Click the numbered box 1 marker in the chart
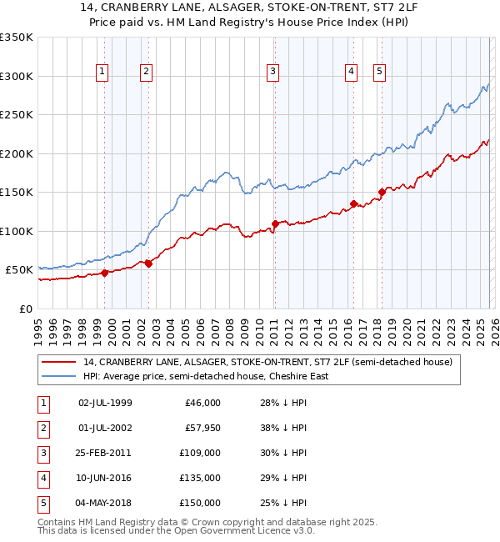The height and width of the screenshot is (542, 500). tap(102, 73)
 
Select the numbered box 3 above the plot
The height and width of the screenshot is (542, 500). tap(272, 73)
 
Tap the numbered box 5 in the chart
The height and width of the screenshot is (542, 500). tap(379, 73)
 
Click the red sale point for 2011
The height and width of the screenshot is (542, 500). tap(274, 223)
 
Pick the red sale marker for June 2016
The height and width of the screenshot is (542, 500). tap(353, 203)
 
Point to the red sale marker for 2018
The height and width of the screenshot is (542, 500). tap(382, 192)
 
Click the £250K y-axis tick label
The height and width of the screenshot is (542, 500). tap(17, 114)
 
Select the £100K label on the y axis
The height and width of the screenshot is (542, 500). tap(17, 231)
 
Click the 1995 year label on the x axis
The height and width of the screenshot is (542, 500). tap(37, 330)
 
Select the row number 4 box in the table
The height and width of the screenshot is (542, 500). tap(42, 478)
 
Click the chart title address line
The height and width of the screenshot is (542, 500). tap(249, 8)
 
